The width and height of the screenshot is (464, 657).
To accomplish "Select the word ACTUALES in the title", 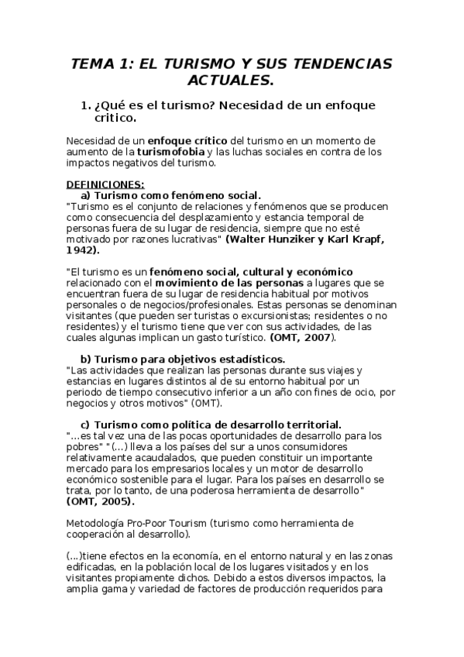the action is click(231, 81).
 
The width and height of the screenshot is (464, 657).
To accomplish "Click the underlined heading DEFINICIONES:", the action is click(106, 184).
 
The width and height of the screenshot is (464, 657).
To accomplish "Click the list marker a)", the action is click(87, 195).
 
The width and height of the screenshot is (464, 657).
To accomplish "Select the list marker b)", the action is click(87, 359).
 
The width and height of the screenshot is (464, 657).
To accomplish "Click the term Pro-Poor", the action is click(160, 523).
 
